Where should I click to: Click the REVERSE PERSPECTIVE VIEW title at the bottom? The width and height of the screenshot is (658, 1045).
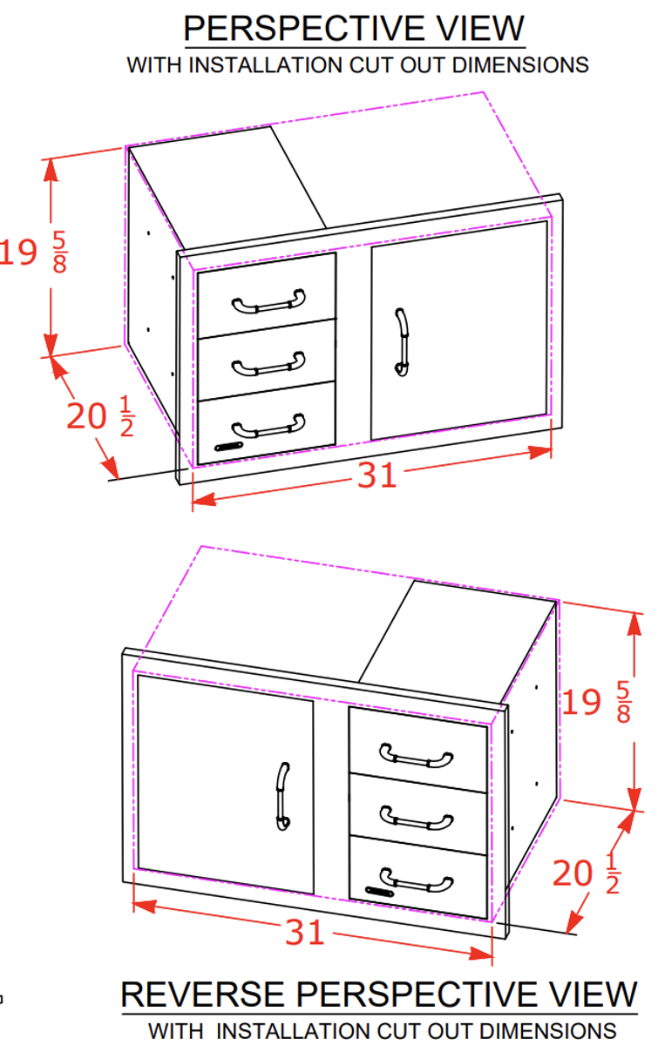click(379, 994)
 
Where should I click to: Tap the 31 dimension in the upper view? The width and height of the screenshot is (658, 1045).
click(376, 475)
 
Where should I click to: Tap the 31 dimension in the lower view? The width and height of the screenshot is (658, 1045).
click(305, 933)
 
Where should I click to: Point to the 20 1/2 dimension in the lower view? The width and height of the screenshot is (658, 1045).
click(587, 873)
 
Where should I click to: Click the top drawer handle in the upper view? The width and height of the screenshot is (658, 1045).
click(268, 302)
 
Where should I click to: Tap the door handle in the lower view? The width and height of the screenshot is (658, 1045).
click(282, 796)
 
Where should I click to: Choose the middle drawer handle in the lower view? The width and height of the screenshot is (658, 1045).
click(417, 818)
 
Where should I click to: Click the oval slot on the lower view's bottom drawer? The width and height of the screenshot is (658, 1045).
click(379, 891)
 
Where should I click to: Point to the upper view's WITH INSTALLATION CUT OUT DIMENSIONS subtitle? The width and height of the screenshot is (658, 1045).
click(357, 65)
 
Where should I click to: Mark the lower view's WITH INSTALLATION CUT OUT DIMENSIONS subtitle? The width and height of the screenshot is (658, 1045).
click(382, 1030)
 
